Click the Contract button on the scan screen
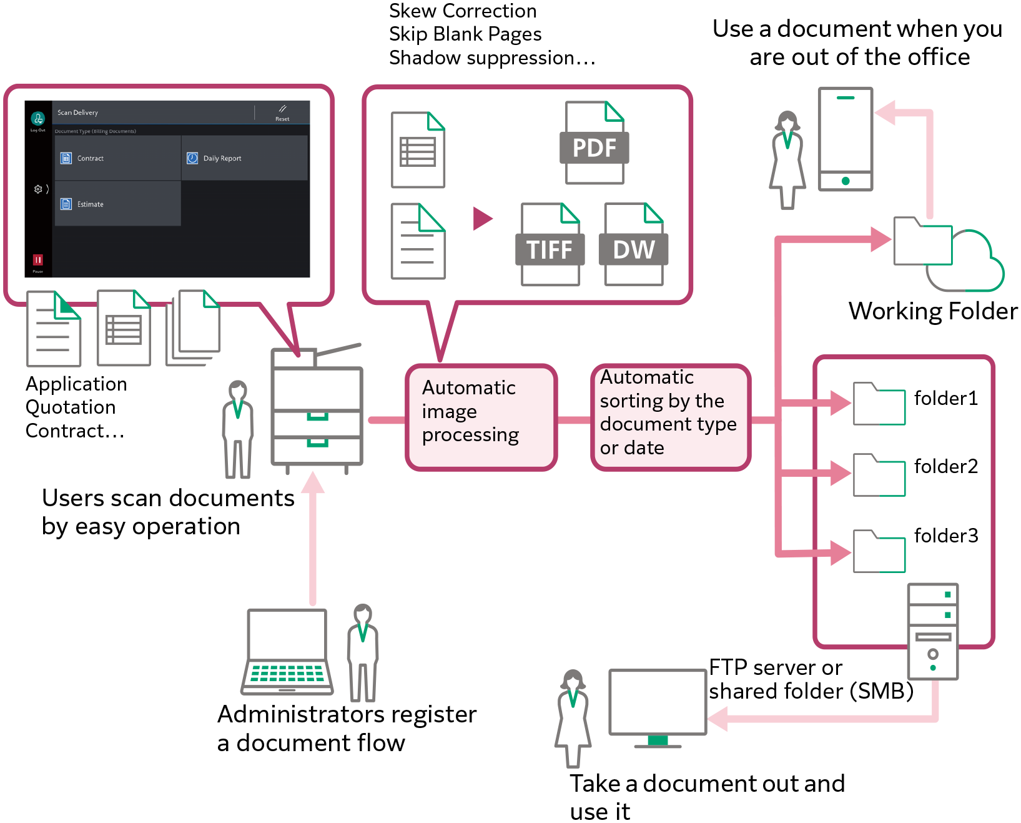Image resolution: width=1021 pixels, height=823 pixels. click(117, 158)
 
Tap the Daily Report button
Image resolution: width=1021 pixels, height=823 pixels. click(244, 158)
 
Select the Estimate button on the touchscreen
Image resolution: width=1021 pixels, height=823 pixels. click(117, 204)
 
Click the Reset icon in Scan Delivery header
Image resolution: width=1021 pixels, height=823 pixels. click(282, 112)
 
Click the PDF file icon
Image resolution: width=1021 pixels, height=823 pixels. click(594, 144)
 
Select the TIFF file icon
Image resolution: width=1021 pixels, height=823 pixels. click(550, 245)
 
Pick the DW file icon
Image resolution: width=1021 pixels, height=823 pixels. click(633, 245)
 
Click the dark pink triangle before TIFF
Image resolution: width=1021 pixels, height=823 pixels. click(482, 219)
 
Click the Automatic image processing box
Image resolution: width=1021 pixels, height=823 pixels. click(481, 417)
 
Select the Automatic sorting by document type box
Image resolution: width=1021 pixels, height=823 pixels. click(670, 417)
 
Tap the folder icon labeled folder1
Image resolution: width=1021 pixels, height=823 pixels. click(879, 404)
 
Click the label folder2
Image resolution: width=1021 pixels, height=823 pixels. click(945, 466)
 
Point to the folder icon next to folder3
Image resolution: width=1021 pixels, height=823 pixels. click(879, 551)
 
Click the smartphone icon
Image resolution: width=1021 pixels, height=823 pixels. click(845, 139)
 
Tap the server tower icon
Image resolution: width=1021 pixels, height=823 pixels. click(932, 631)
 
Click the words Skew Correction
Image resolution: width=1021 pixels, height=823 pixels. click(463, 11)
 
